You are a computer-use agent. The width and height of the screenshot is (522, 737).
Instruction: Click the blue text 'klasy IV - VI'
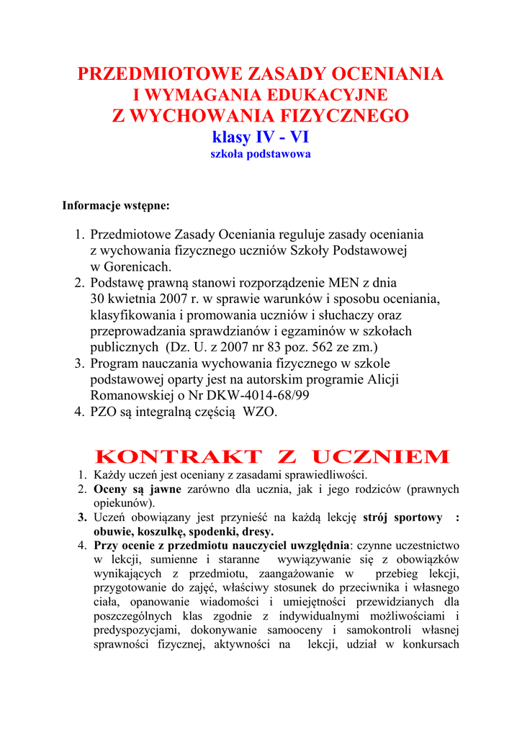261,137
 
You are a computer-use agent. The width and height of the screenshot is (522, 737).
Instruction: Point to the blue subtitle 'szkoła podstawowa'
261,155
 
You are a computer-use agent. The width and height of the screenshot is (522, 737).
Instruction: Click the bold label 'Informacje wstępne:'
116,206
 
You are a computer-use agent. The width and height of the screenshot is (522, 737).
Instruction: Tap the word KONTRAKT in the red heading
179,457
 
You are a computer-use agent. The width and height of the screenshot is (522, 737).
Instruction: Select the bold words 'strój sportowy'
402,517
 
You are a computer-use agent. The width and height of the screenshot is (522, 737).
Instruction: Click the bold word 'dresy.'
258,531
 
